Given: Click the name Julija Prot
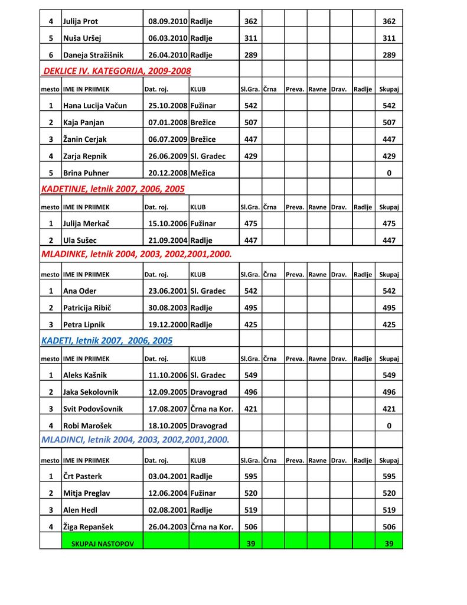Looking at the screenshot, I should pyautogui.click(x=81, y=21).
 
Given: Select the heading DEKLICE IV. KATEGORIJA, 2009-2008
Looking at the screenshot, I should pyautogui.click(x=117, y=71).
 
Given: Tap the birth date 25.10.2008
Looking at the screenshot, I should pyautogui.click(x=168, y=106).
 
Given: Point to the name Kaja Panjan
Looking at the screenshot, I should pyautogui.click(x=84, y=123).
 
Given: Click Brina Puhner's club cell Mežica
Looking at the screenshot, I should pyautogui.click(x=203, y=174).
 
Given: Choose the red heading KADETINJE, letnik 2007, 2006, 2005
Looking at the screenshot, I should pyautogui.click(x=113, y=189).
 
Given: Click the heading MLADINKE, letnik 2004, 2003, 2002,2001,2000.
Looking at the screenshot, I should pyautogui.click(x=136, y=254).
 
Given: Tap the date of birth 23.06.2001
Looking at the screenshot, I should pyautogui.click(x=168, y=291).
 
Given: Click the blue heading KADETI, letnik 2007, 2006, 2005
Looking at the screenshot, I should pyautogui.click(x=107, y=341).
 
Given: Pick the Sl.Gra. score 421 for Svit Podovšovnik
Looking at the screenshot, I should pyautogui.click(x=250, y=409).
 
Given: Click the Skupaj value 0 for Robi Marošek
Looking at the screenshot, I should pyautogui.click(x=388, y=426).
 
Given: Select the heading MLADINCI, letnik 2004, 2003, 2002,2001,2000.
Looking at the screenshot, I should pyautogui.click(x=135, y=440).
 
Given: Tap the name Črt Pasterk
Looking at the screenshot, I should pyautogui.click(x=83, y=477).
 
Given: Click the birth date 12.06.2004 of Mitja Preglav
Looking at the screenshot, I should pyautogui.click(x=168, y=493).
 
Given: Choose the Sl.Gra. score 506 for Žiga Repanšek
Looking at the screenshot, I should pyautogui.click(x=250, y=527).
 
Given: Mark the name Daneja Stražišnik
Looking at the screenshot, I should pyautogui.click(x=93, y=55).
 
